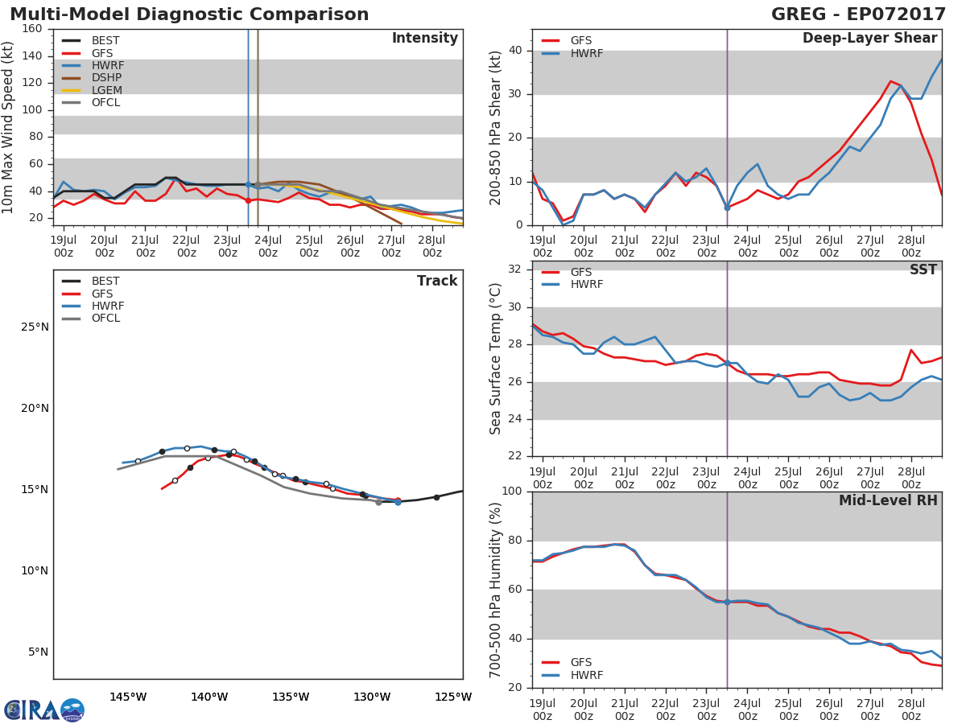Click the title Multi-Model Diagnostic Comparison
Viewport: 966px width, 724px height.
[x=189, y=14]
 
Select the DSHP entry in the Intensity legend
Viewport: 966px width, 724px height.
[x=107, y=78]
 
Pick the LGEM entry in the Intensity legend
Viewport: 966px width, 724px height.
[x=107, y=90]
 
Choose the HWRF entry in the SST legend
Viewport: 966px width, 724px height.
[x=586, y=285]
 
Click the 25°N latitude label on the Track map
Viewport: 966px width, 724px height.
[x=35, y=327]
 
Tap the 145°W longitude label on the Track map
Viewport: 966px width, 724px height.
[x=127, y=697]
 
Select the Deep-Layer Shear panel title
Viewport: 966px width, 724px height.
[x=869, y=39]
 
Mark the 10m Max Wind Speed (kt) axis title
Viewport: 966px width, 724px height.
[x=9, y=127]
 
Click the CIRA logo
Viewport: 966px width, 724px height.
[x=44, y=710]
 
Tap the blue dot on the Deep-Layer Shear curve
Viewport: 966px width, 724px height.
[x=727, y=208]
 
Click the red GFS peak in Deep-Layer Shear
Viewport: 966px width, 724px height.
[x=890, y=81]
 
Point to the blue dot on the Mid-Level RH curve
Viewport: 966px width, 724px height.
[x=727, y=602]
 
